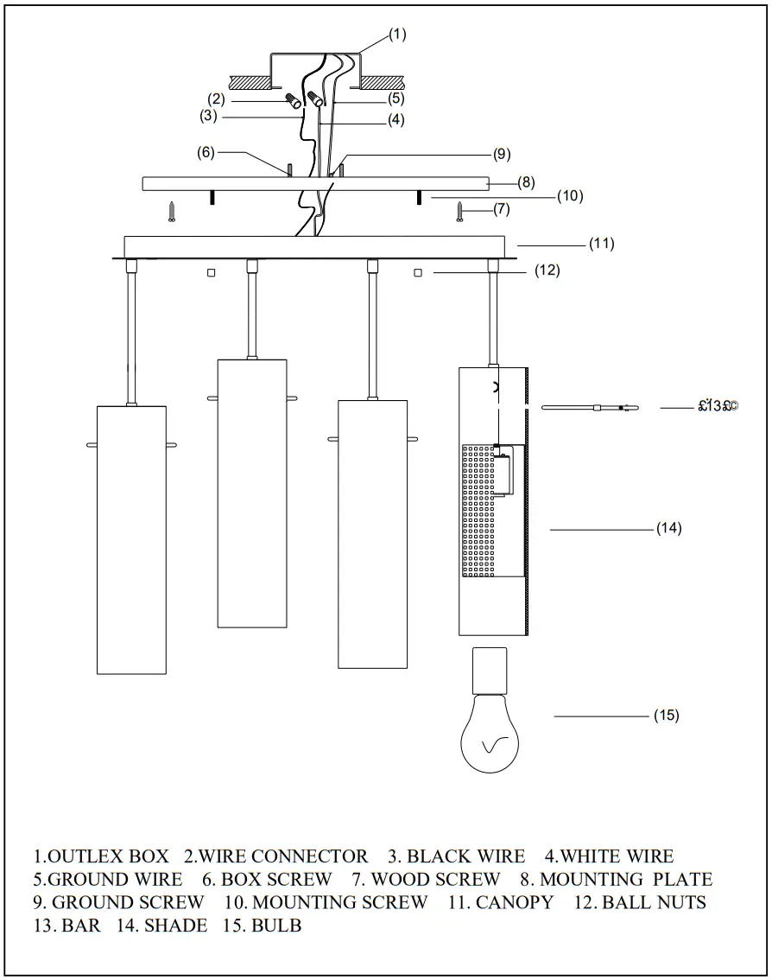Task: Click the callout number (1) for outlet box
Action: click(x=396, y=35)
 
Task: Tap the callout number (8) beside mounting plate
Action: click(x=527, y=182)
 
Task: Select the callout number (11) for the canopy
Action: click(x=601, y=244)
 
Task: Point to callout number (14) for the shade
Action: click(x=668, y=528)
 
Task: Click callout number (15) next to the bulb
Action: click(x=666, y=716)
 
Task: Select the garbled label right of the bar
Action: click(x=718, y=406)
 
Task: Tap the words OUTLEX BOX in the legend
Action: click(x=108, y=857)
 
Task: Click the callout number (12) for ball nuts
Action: click(x=547, y=270)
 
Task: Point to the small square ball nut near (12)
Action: click(x=418, y=273)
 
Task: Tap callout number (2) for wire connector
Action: click(x=216, y=99)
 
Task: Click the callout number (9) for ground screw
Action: click(x=502, y=155)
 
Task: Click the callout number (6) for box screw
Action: click(x=206, y=152)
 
